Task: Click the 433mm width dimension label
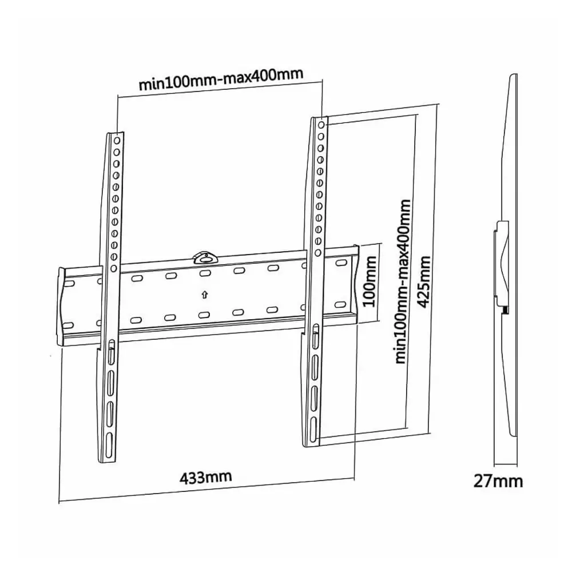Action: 205,477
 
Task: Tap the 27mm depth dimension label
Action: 498,481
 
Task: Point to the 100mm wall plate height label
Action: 371,281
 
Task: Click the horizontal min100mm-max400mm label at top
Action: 221,80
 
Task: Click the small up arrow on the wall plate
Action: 205,295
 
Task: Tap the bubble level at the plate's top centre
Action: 205,257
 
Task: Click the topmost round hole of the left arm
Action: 117,140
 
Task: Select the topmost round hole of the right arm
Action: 321,125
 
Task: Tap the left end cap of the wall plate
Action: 61,307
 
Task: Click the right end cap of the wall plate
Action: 355,283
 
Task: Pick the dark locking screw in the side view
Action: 506,309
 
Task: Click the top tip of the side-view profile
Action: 515,74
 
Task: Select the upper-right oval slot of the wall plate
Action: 340,263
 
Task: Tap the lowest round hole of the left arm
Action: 113,268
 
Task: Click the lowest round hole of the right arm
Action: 318,252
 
